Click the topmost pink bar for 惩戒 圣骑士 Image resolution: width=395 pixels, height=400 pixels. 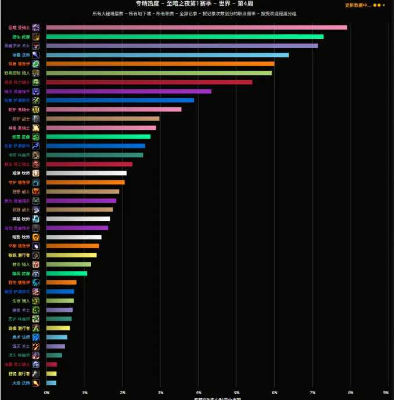tap(196, 27)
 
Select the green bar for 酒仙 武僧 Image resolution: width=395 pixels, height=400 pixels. tap(185, 37)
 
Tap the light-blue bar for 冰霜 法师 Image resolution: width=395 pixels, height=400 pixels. tap(167, 55)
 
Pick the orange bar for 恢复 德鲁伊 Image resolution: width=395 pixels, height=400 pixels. tap(160, 64)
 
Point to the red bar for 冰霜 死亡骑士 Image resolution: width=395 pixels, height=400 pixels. tap(52, 364)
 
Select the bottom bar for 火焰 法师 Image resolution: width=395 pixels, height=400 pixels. tap(51, 383)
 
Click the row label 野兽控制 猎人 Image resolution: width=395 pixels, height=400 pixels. tap(17, 73)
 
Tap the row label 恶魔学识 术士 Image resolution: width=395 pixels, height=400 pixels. tap(17, 46)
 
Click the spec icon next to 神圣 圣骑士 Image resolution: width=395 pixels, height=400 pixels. tap(36, 128)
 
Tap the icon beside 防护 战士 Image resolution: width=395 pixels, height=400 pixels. tap(36, 119)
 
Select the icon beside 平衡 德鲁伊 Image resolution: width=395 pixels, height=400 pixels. tap(36, 246)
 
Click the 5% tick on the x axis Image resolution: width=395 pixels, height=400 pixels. tap(237, 393)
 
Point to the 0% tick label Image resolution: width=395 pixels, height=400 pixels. tap(46, 393)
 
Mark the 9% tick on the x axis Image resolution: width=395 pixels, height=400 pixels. tap(386, 393)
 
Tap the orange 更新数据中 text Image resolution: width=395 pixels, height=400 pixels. tap(357, 5)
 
